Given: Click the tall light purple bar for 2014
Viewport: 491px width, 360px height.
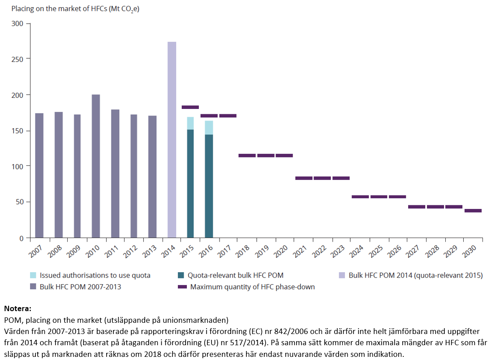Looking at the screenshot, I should [172, 139].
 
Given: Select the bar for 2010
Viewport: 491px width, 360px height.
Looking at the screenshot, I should [96, 166].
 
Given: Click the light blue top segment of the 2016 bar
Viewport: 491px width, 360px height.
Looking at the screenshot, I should [209, 127].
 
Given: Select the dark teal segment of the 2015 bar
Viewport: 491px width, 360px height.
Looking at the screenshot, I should [190, 183].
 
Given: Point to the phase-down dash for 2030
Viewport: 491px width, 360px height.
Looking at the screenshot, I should [473, 211].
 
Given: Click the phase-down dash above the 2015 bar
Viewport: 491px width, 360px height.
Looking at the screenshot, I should [190, 107].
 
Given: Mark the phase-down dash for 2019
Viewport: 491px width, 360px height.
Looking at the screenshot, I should [266, 156].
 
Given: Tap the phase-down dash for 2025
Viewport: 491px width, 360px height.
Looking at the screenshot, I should [379, 197].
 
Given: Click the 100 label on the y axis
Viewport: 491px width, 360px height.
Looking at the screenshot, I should [17, 166].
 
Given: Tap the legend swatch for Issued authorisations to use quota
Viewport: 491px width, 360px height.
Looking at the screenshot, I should [33, 275].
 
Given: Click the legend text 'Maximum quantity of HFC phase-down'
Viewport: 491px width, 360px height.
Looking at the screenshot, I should [252, 287].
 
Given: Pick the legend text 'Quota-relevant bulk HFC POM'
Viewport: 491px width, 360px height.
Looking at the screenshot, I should [235, 275].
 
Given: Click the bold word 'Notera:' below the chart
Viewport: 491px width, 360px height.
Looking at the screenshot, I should [17, 309].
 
